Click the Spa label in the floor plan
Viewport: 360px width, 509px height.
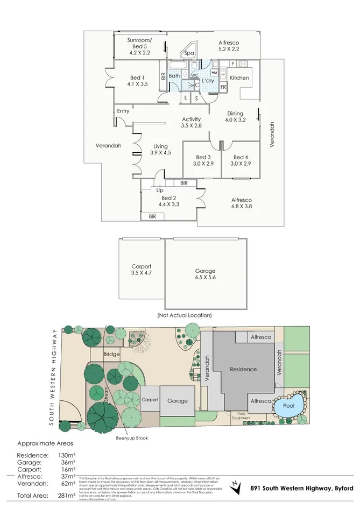click(x=189, y=53)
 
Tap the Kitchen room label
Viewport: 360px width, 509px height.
click(x=239, y=78)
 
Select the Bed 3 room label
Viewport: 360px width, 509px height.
click(x=202, y=157)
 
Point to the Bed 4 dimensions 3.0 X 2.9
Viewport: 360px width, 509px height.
click(x=241, y=164)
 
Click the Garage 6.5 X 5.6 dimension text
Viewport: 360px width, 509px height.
click(x=205, y=278)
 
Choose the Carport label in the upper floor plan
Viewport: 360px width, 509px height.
click(x=141, y=266)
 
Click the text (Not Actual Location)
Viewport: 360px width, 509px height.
click(x=185, y=315)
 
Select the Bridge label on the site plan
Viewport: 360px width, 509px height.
click(x=112, y=354)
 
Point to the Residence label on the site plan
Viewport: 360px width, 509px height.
click(x=243, y=370)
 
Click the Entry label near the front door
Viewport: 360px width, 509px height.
click(x=123, y=111)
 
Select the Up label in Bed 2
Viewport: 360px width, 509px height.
click(x=160, y=190)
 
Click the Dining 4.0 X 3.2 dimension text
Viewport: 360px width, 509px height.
click(x=235, y=121)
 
